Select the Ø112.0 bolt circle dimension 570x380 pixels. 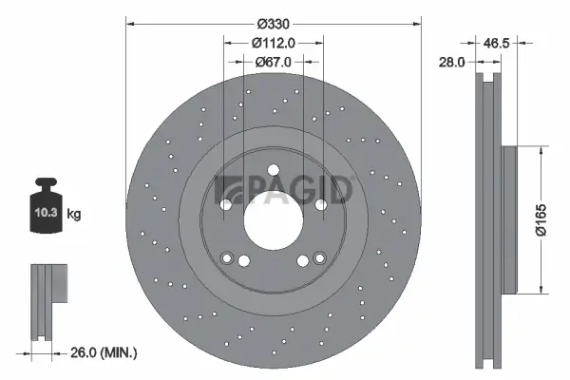pyautogui.click(x=274, y=42)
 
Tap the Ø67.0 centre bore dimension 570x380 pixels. pyautogui.click(x=274, y=61)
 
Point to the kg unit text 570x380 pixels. pyautogui.click(x=74, y=215)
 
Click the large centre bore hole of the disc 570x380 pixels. pyautogui.click(x=274, y=219)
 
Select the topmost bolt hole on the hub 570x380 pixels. pyautogui.click(x=274, y=171)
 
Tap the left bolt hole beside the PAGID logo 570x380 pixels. pyautogui.click(x=226, y=204)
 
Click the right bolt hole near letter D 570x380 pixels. pyautogui.click(x=321, y=204)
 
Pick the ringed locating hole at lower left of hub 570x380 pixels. pyautogui.click(x=228, y=257)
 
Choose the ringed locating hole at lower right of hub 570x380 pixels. pyautogui.click(x=319, y=257)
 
